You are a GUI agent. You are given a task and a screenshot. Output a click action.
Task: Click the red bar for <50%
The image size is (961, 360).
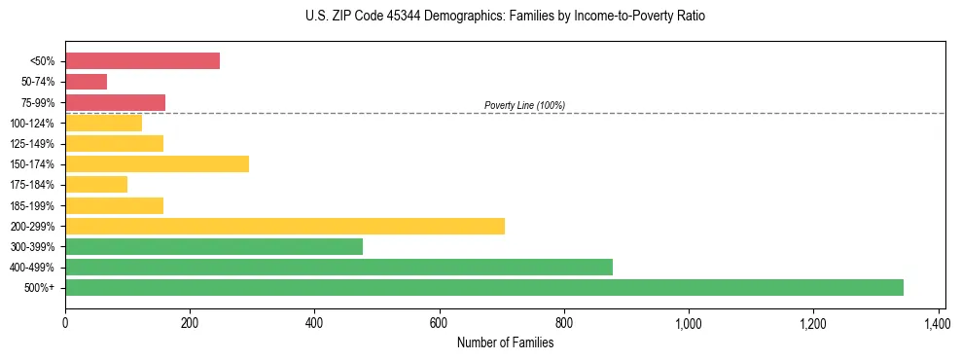coord(142,61)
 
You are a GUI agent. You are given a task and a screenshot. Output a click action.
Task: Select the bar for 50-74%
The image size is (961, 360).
coord(86,82)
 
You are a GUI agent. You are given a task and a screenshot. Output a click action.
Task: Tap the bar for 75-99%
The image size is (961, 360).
coord(115,102)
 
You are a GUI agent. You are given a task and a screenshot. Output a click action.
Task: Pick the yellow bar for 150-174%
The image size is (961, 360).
coord(157,164)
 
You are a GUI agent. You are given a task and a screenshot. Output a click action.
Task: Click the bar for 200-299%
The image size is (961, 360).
coord(285,226)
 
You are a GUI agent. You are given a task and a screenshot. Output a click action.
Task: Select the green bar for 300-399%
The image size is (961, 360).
coord(214,246)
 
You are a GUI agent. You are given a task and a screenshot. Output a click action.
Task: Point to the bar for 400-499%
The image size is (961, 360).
coord(338,267)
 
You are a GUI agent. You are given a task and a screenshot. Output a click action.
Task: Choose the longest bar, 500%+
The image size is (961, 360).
coord(484,287)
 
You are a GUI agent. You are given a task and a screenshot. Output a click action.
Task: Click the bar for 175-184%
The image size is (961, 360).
coord(96,185)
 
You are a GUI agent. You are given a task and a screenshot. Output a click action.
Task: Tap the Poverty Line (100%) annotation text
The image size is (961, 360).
coord(524,105)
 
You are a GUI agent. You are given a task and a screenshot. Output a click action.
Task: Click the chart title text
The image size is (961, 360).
coord(505,17)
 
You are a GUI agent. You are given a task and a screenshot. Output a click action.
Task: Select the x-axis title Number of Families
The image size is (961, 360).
coord(505,342)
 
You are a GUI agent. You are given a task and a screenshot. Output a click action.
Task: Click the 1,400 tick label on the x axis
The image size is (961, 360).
coord(938,323)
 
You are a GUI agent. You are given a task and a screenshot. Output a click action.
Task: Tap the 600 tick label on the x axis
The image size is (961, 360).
coord(439,323)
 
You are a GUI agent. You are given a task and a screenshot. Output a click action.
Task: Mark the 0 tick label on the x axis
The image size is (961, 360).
coord(65,323)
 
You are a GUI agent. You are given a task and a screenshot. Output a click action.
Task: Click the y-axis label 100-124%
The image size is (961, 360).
coord(32,124)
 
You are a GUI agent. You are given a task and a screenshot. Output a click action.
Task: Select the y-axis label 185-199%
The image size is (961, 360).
coord(32,206)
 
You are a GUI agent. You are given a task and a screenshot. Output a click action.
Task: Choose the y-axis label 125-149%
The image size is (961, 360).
coord(32,144)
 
